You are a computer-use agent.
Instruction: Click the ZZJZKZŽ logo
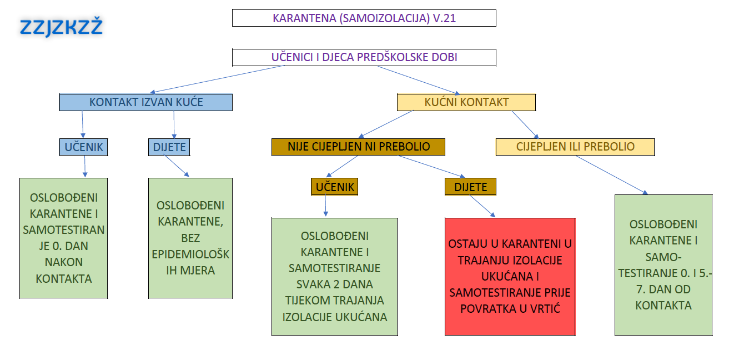click(61, 27)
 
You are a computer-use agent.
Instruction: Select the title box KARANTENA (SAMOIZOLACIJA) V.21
click(364, 18)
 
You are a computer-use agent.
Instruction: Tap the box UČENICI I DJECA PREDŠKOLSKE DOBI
click(364, 57)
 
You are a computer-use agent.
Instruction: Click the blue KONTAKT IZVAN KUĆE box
click(146, 102)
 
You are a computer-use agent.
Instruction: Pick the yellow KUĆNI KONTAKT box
click(466, 102)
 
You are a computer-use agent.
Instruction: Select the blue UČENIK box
click(84, 147)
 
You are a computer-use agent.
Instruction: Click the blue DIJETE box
click(169, 147)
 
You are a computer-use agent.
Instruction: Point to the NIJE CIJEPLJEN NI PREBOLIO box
click(358, 147)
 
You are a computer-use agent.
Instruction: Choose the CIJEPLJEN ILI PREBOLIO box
click(575, 147)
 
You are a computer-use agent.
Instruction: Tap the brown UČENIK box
click(335, 187)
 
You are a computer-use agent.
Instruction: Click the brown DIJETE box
click(471, 187)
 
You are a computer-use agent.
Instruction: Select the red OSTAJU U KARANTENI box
click(510, 277)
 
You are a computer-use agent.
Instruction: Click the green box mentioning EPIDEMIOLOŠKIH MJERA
click(190, 238)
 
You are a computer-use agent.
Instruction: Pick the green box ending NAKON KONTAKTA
click(64, 238)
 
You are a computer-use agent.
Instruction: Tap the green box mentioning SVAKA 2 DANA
click(335, 277)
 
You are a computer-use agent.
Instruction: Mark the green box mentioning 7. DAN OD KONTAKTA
click(663, 265)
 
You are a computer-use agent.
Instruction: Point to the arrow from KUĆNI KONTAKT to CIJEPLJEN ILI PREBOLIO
click(525, 125)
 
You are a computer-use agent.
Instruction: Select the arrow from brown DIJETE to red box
click(482, 206)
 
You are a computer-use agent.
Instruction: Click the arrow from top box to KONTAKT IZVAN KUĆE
click(217, 79)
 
